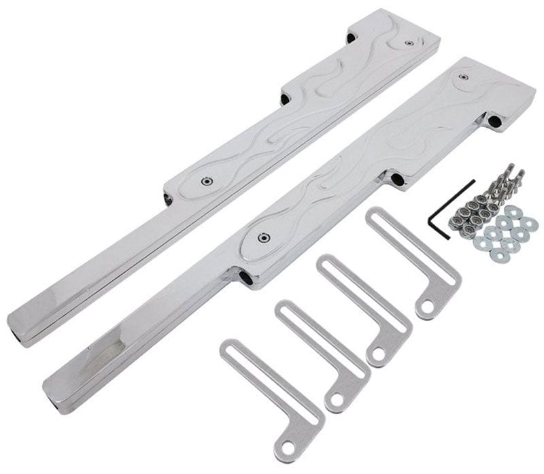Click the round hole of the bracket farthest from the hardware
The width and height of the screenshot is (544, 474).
288,447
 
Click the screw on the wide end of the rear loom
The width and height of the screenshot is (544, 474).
408,42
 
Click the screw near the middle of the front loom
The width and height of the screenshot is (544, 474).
260,237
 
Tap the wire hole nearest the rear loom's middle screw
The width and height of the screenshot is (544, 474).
168,198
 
